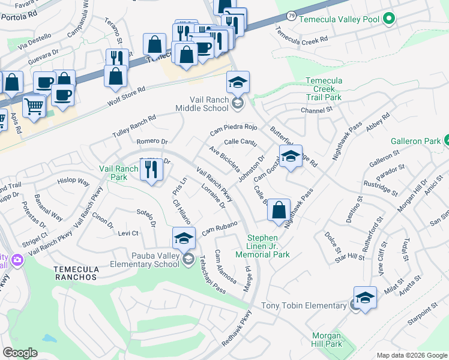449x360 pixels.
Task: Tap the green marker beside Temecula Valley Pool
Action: click(389, 19)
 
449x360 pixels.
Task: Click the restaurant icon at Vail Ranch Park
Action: click(151, 170)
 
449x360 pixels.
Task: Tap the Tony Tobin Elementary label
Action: click(304, 306)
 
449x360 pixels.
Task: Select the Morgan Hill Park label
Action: click(327, 340)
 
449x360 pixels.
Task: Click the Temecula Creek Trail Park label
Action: click(324, 89)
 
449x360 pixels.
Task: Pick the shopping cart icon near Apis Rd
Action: click(34, 107)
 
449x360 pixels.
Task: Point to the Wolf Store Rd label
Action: click(125, 97)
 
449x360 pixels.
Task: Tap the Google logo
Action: click(20, 353)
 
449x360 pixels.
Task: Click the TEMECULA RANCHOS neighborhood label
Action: click(75, 273)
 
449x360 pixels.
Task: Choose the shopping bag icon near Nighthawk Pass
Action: click(279, 211)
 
